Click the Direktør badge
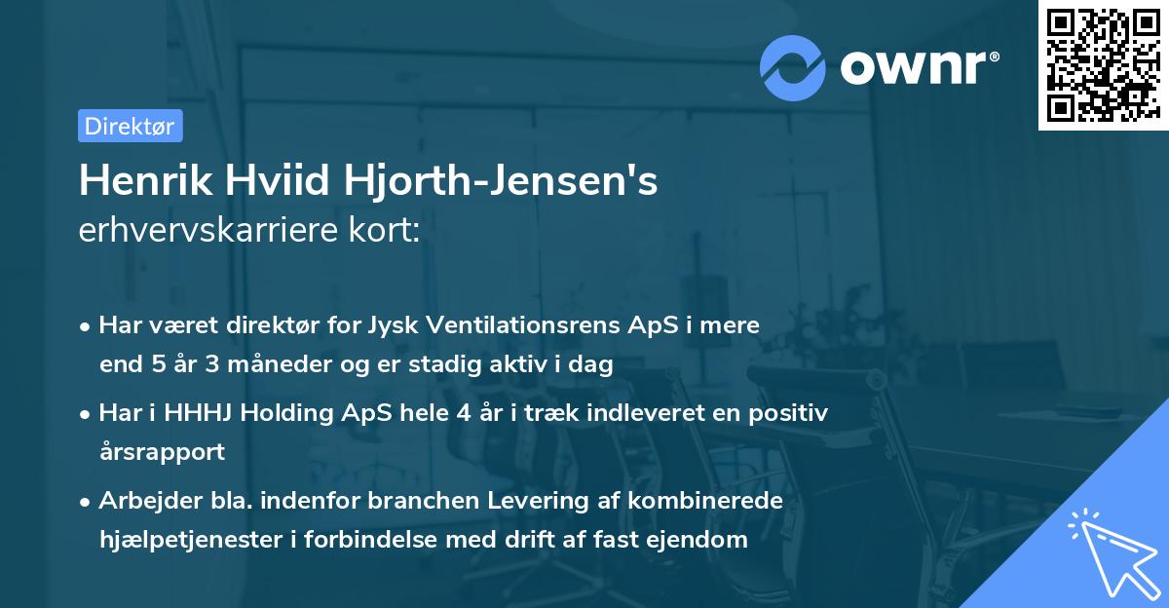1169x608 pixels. coord(130,126)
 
